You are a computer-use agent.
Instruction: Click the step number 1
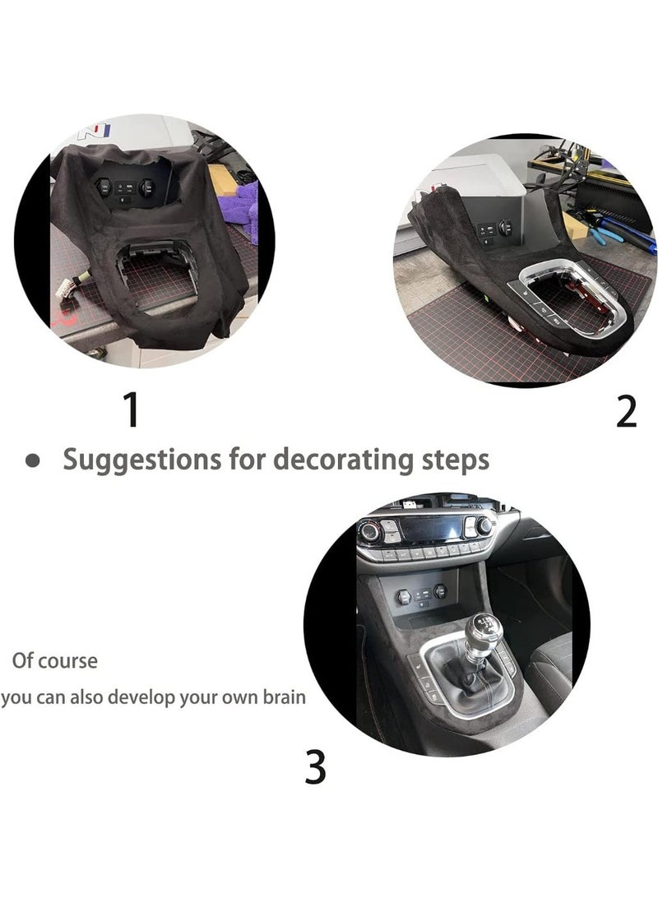pos(131,410)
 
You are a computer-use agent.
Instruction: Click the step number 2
pos(626,411)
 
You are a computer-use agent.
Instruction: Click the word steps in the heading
pos(453,459)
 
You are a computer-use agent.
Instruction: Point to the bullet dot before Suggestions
pos(33,461)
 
